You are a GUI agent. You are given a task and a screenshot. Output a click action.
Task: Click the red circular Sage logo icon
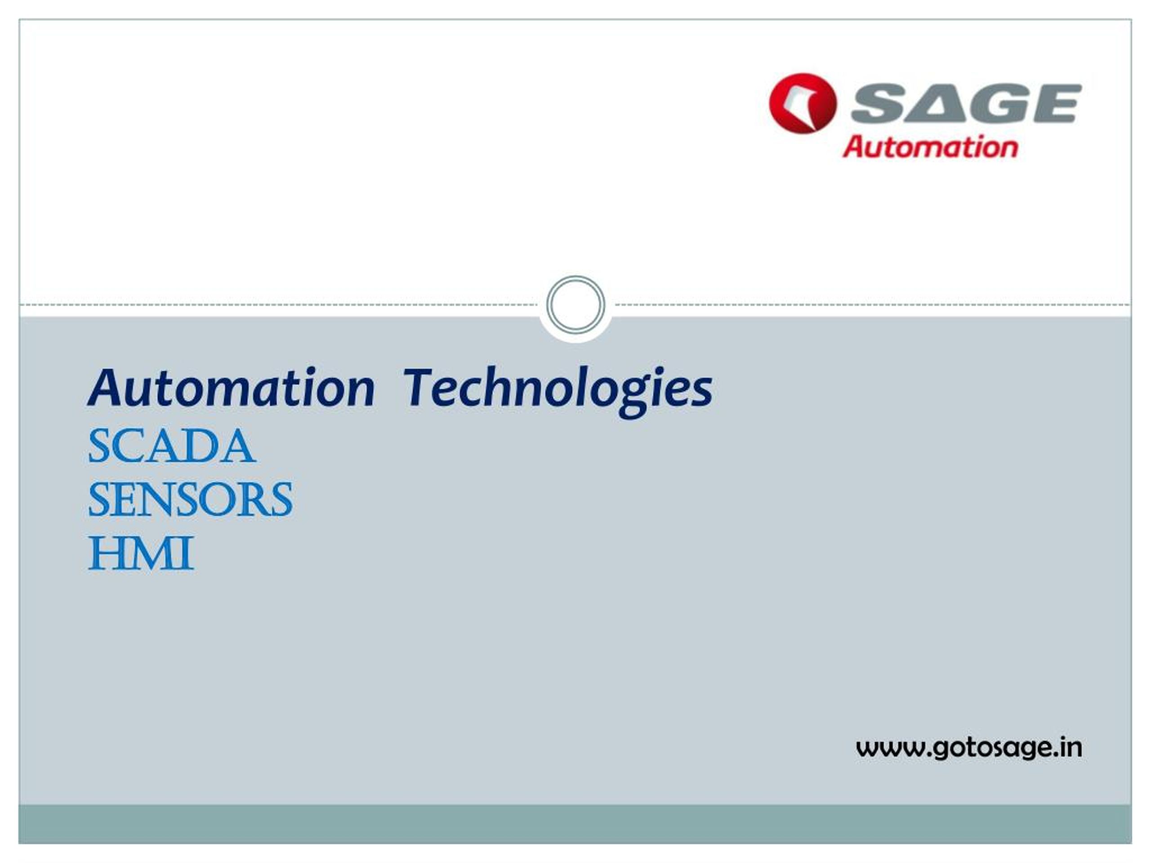(803, 103)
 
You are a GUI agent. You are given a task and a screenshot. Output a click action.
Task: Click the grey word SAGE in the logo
(966, 103)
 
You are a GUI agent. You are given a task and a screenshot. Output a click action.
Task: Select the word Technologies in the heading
(558, 391)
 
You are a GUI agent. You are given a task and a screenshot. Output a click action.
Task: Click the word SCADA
(172, 446)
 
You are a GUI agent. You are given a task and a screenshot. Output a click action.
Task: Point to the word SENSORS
(191, 499)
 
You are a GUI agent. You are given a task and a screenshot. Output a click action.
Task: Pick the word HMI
(141, 553)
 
